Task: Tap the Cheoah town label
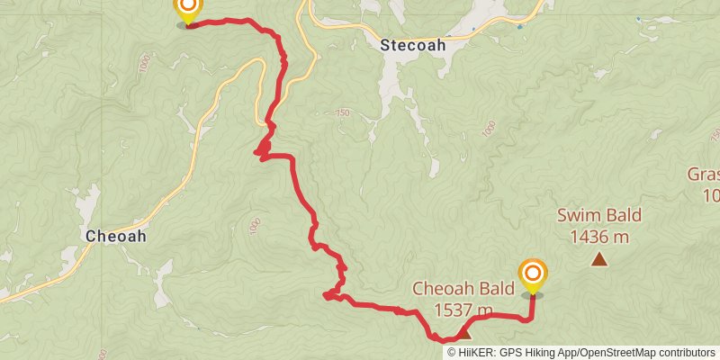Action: pos(115,236)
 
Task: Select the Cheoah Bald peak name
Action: pos(463,289)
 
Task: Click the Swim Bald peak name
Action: pos(598,216)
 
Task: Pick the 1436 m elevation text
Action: pos(598,237)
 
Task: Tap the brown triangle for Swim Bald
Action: pos(599,259)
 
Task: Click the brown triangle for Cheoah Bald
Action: pos(464,332)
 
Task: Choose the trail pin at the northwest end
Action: pos(187,10)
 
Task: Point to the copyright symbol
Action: pos(452,352)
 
